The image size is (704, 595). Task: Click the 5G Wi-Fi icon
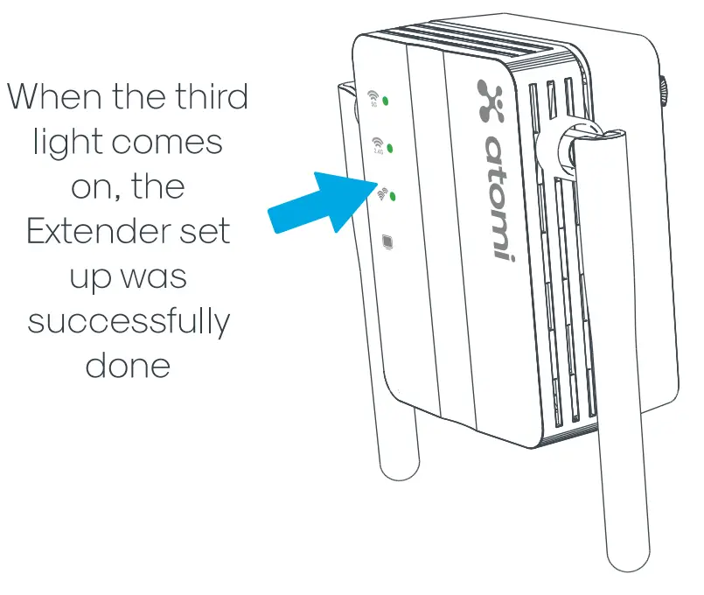click(x=373, y=96)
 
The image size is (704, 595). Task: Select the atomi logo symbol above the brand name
click(x=491, y=101)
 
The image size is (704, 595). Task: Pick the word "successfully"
click(x=129, y=322)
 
